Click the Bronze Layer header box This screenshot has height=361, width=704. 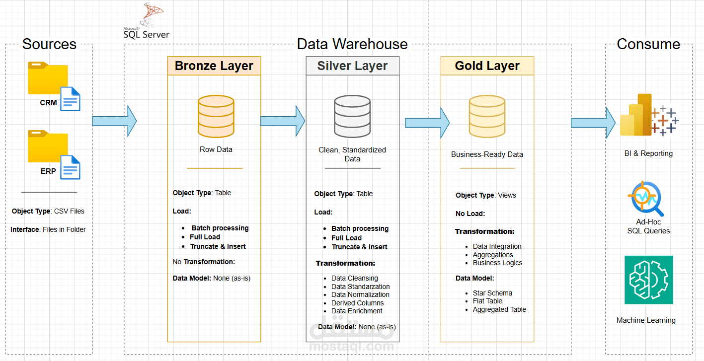coord(214,66)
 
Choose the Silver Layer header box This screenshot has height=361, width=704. coord(352,66)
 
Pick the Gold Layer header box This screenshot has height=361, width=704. coord(487,66)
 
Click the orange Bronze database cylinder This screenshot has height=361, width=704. coord(216,116)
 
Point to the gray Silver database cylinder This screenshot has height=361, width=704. coord(352,116)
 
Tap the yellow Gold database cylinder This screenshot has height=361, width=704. coord(487,116)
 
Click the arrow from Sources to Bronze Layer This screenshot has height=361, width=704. coord(114,121)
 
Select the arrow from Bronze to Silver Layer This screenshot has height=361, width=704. coord(282,121)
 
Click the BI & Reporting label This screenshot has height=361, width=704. coord(648,153)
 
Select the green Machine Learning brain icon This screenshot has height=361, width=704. coord(648,280)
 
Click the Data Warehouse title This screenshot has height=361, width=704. coord(352,44)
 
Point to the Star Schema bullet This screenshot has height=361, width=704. coord(492,293)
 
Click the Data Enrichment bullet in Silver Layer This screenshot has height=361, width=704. coord(357,311)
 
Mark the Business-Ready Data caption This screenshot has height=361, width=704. coord(487,154)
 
